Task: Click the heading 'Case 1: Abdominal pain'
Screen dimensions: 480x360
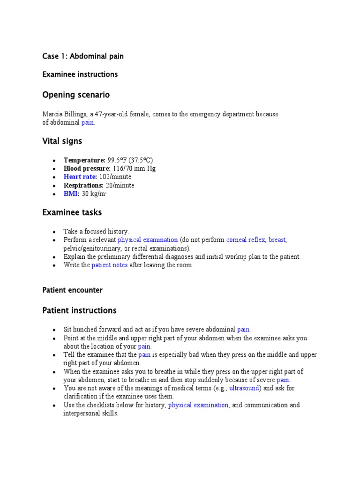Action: [x=83, y=56]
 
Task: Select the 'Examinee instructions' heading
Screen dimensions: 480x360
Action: [x=80, y=74]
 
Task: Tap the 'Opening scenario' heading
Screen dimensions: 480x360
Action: [x=76, y=95]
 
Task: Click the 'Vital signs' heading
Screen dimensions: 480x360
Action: [x=62, y=141]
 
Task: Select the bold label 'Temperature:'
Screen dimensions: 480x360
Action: [x=84, y=160]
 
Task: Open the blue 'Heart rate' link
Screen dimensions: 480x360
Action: [x=80, y=177]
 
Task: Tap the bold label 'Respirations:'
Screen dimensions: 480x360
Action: [x=83, y=185]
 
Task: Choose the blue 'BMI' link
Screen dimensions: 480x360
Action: [x=72, y=194]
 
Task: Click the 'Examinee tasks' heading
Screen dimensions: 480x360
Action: [x=72, y=212]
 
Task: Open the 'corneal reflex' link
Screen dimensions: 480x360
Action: [x=246, y=240]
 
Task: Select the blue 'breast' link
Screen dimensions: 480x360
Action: [x=277, y=240]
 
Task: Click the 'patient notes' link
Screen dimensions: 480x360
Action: [x=109, y=265]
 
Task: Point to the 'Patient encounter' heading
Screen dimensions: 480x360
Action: [x=72, y=290]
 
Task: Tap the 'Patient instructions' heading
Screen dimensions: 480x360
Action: [x=79, y=310]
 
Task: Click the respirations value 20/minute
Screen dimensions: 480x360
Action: [x=120, y=185]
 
